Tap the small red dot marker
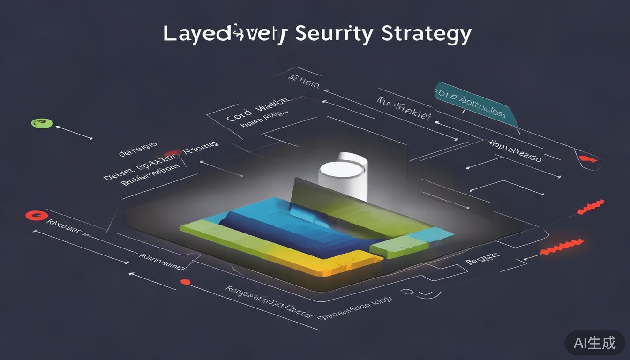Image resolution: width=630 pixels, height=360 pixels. (185, 282)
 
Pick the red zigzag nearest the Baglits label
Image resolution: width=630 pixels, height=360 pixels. (561, 247)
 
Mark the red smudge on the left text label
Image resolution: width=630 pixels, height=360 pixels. (172, 153)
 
